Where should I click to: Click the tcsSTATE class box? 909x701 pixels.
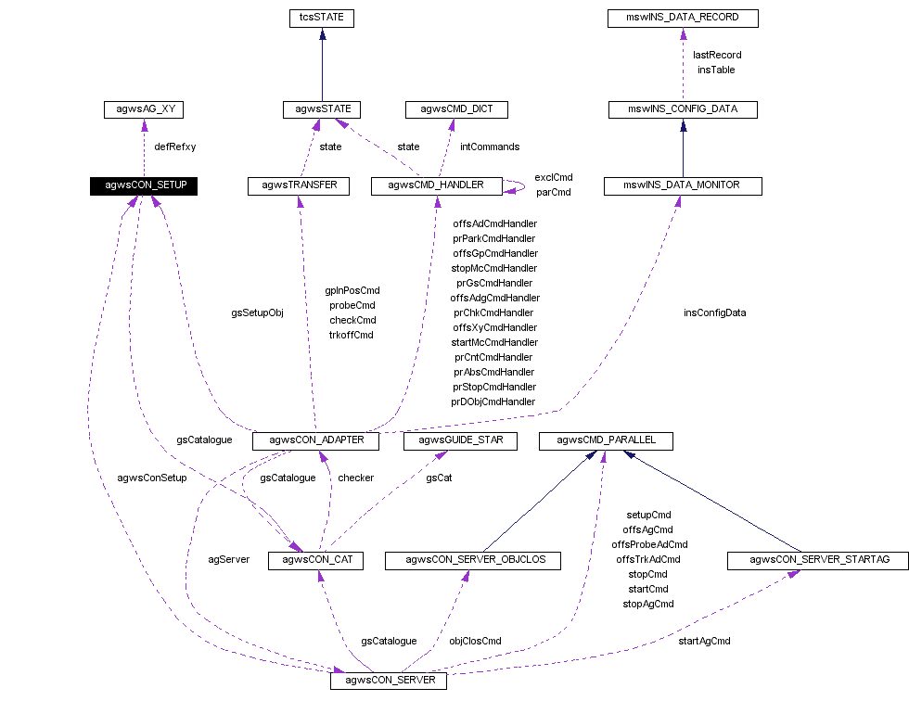(322, 18)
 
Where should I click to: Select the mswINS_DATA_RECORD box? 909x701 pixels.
(684, 18)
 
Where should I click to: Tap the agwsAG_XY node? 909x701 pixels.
(144, 109)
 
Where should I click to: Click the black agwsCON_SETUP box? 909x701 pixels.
(144, 185)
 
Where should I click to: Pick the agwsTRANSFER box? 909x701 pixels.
(299, 185)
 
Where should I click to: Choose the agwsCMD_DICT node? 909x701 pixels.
(456, 109)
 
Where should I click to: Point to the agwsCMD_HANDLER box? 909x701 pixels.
(436, 185)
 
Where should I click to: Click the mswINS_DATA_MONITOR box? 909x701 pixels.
(683, 185)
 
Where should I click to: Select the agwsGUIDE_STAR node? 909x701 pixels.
(459, 440)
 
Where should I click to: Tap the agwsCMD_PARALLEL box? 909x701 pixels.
(606, 440)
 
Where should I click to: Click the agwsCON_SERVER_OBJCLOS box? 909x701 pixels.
(472, 560)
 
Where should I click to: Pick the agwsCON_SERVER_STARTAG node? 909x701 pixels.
(807, 560)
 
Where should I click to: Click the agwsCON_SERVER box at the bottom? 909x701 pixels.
(389, 682)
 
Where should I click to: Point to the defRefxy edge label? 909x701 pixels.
(175, 147)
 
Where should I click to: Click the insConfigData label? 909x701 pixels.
(714, 312)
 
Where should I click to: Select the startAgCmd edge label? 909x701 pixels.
(704, 641)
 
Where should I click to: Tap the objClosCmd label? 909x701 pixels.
(475, 641)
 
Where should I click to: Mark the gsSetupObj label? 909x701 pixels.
(257, 312)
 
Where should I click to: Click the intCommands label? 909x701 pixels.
(490, 147)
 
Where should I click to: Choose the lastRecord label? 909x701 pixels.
(717, 55)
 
